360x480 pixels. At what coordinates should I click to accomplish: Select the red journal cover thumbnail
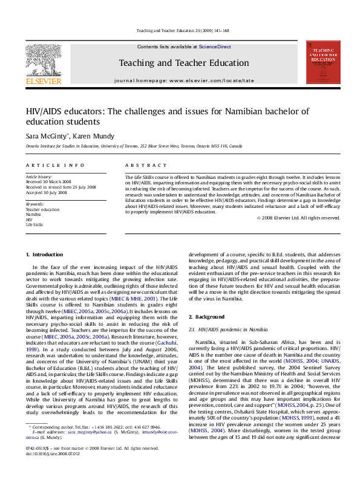click(324, 62)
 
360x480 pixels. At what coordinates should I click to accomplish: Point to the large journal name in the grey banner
click(179, 62)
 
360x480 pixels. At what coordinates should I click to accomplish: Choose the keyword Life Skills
click(34, 224)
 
